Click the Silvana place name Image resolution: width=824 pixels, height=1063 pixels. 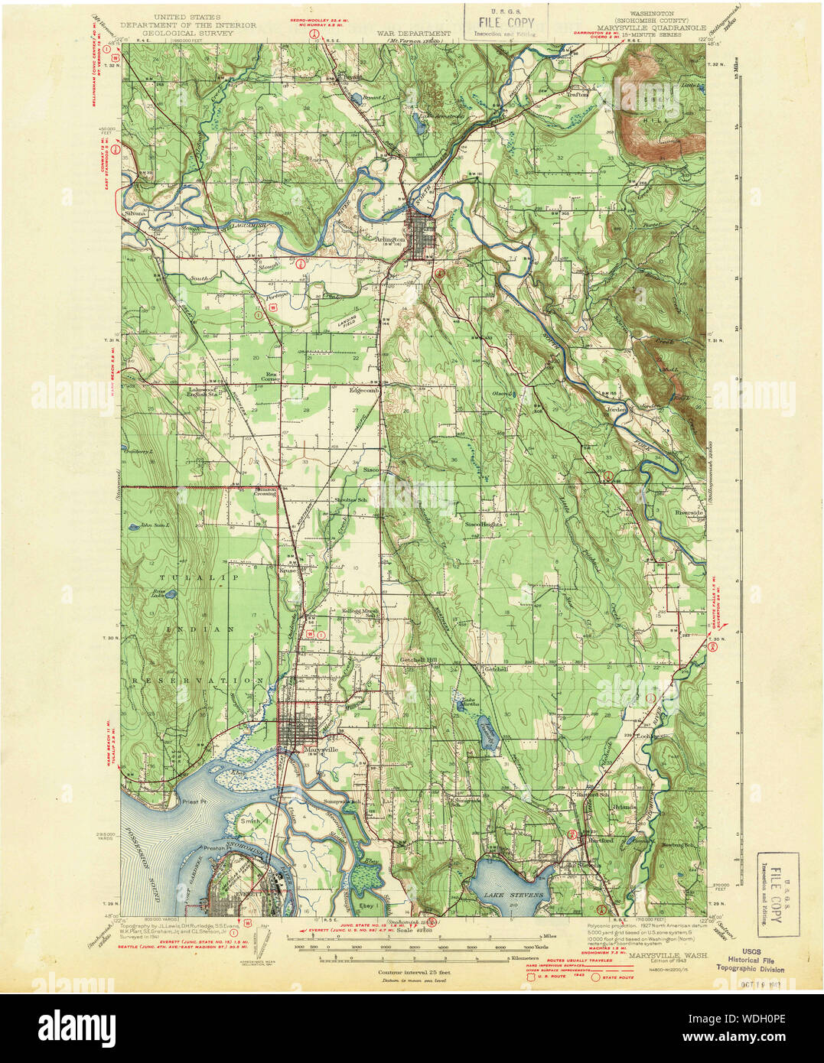pos(135,214)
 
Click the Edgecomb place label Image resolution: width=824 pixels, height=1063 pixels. pos(363,389)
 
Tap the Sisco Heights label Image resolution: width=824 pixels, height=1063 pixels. pos(484,525)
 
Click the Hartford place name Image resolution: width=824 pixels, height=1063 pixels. pos(600,840)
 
